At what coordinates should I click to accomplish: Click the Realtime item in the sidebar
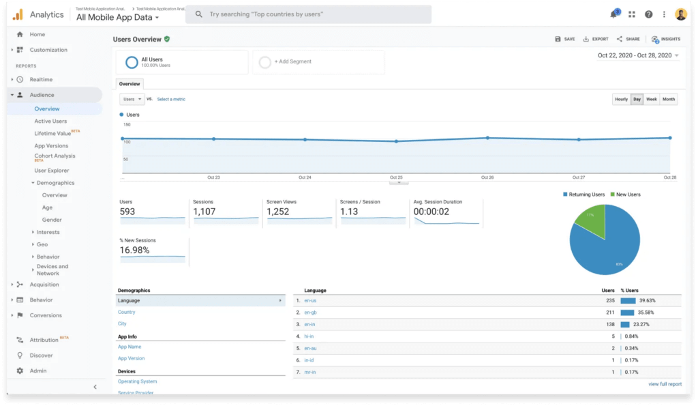click(41, 80)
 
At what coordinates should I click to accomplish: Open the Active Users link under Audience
click(50, 121)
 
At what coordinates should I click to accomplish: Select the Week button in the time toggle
click(652, 100)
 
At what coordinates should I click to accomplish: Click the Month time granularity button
click(669, 100)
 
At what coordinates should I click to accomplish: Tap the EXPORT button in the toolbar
click(596, 40)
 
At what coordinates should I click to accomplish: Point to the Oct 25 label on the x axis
click(396, 177)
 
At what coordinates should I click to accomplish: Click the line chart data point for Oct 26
click(487, 138)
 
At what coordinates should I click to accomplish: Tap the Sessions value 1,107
click(204, 212)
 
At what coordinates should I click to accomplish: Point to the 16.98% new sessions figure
click(135, 250)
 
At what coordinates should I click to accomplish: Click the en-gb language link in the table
click(310, 313)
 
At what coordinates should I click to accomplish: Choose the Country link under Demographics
click(126, 312)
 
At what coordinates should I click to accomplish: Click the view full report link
click(665, 384)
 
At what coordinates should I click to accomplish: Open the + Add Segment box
click(293, 61)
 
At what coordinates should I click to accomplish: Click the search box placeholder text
click(266, 14)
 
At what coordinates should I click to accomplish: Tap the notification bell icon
click(613, 14)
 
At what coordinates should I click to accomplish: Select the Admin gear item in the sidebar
click(37, 371)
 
